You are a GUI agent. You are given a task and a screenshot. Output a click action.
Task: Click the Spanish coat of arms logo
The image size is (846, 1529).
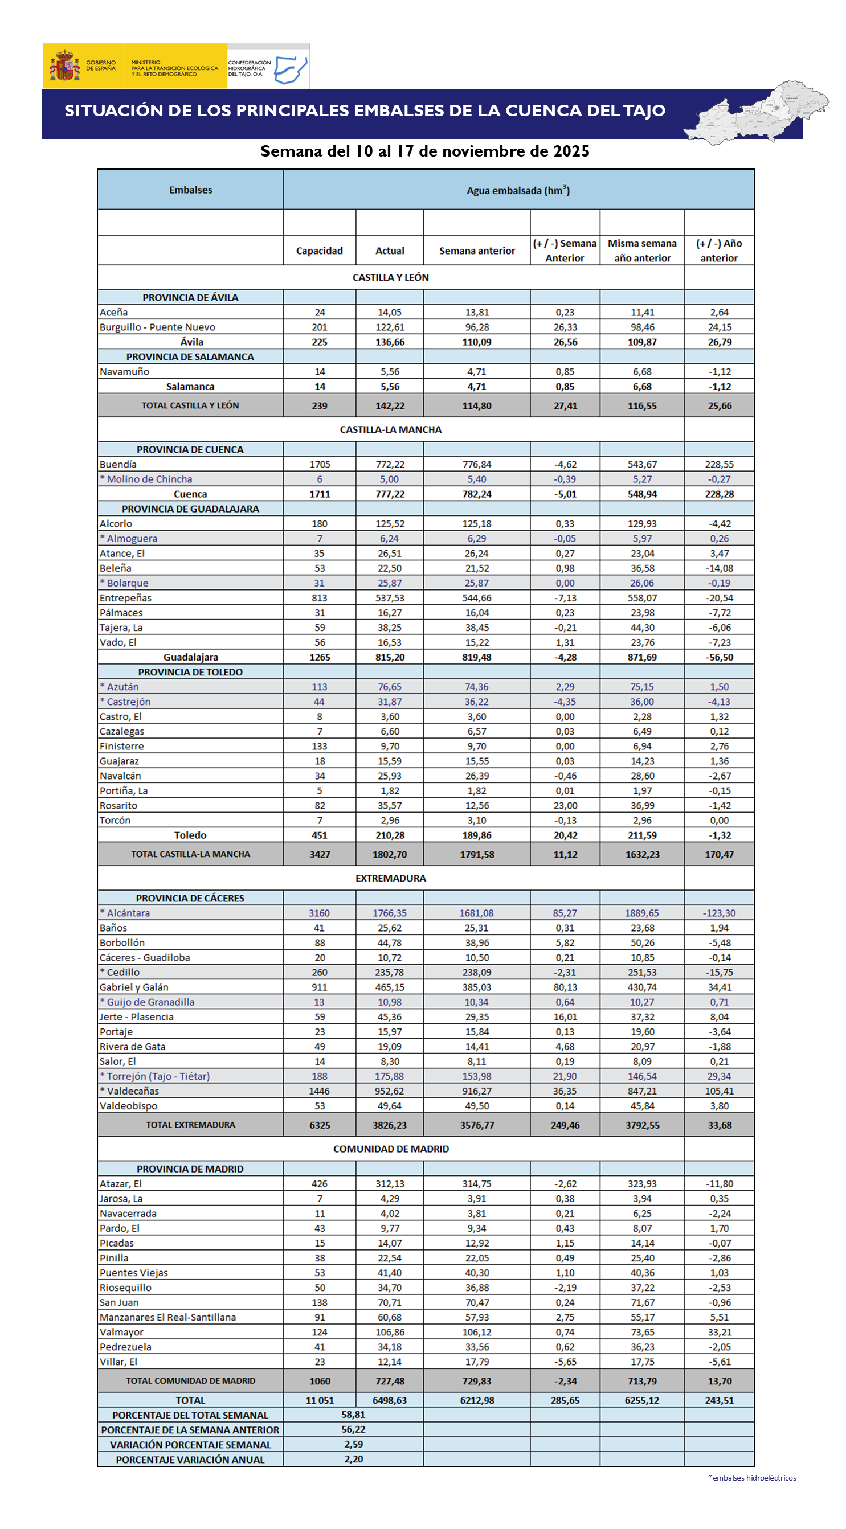pyautogui.click(x=65, y=66)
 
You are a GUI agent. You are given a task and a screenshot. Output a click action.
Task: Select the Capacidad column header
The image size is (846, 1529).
pyautogui.click(x=320, y=251)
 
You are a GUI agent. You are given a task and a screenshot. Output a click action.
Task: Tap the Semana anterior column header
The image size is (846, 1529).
pyautogui.click(x=477, y=251)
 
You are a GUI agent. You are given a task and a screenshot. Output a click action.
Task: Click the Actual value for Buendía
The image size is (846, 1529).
pyautogui.click(x=390, y=464)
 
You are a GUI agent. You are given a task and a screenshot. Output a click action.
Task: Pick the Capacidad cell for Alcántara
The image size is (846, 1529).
pyautogui.click(x=320, y=913)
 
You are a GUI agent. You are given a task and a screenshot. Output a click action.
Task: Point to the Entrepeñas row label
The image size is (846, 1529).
pyautogui.click(x=125, y=598)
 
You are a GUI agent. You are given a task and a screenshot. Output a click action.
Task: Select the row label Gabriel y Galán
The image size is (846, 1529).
pyautogui.click(x=134, y=987)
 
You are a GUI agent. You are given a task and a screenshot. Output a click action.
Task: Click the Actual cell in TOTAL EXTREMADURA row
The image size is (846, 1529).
pyautogui.click(x=390, y=1125)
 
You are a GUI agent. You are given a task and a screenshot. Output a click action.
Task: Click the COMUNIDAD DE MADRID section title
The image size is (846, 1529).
pyautogui.click(x=391, y=1149)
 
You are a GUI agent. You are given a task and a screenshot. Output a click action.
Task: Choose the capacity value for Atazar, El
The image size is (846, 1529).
pyautogui.click(x=320, y=1183)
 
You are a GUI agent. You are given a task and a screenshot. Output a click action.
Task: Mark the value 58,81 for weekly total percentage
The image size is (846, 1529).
pyautogui.click(x=353, y=1415)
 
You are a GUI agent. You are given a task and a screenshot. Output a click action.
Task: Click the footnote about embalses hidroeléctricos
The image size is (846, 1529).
pyautogui.click(x=752, y=1477)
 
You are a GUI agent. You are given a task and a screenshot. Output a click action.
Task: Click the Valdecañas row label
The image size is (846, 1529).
pyautogui.click(x=129, y=1091)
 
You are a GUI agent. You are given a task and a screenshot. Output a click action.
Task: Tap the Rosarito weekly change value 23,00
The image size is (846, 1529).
pyautogui.click(x=565, y=805)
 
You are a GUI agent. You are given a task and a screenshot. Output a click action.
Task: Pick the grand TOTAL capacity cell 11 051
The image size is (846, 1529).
pyautogui.click(x=320, y=1400)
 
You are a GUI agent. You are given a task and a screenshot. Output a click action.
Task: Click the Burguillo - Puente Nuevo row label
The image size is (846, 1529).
pyautogui.click(x=157, y=327)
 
